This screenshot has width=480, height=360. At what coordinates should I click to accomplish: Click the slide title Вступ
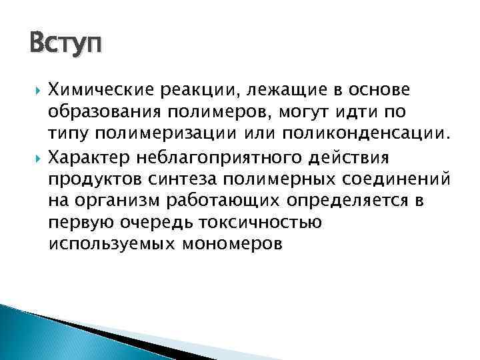click(66, 45)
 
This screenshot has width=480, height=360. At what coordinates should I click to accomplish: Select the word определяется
click(334, 201)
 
